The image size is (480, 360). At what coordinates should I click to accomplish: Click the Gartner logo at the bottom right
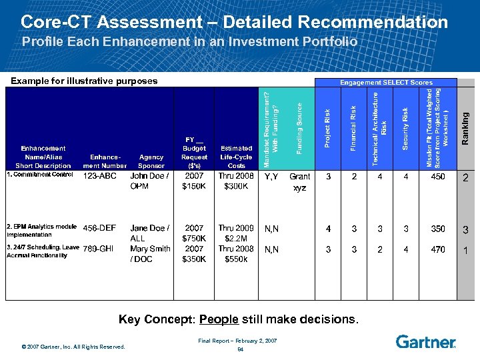click(425, 341)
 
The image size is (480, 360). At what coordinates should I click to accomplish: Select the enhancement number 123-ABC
click(100, 177)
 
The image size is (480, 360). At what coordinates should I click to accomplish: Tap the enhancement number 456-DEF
click(100, 229)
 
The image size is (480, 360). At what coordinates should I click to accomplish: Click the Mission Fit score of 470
click(437, 249)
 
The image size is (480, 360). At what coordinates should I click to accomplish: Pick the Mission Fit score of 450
click(437, 177)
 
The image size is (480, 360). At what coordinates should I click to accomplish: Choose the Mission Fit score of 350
click(437, 229)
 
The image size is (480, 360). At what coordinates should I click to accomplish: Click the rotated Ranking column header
click(466, 127)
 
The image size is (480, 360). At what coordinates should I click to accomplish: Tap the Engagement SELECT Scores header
click(386, 83)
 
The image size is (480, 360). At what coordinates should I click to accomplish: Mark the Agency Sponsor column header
click(151, 161)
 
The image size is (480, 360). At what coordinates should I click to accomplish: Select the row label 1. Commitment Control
click(39, 175)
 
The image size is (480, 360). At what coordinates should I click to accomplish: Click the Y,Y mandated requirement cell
click(271, 177)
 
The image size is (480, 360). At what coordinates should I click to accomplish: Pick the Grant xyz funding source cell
click(300, 182)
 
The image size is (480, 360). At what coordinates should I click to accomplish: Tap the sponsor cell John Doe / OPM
click(150, 181)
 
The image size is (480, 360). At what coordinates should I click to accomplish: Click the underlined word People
click(218, 320)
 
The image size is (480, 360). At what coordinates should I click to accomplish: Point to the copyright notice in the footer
click(73, 347)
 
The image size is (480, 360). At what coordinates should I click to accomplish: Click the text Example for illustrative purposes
click(84, 81)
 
